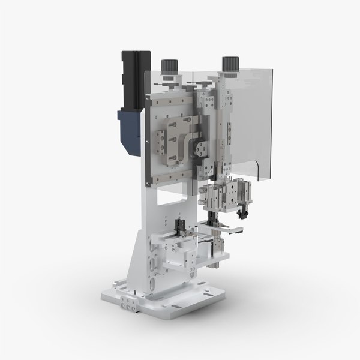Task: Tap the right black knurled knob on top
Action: [x=228, y=63]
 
